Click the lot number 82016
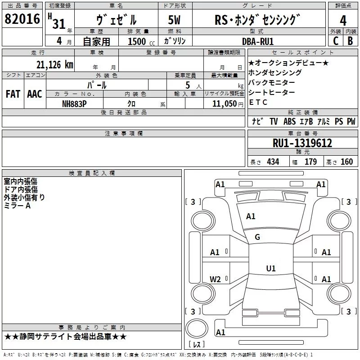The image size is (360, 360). click(x=22, y=20)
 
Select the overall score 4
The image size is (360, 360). click(x=343, y=20)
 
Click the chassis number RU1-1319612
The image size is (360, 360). click(x=302, y=144)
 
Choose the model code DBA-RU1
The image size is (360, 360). click(x=264, y=41)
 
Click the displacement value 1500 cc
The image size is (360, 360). click(x=138, y=41)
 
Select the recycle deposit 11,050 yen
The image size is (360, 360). click(x=224, y=103)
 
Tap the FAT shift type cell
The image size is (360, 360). click(x=13, y=94)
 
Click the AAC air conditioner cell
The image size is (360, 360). click(x=35, y=94)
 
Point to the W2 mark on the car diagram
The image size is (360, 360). click(x=215, y=279)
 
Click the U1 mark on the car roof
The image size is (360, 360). click(x=270, y=269)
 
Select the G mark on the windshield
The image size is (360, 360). click(x=257, y=237)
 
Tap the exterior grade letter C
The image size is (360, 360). click(x=335, y=41)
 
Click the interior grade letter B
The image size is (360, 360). click(x=350, y=41)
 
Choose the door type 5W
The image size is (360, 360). click(x=175, y=20)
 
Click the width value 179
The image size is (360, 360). click(x=310, y=162)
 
